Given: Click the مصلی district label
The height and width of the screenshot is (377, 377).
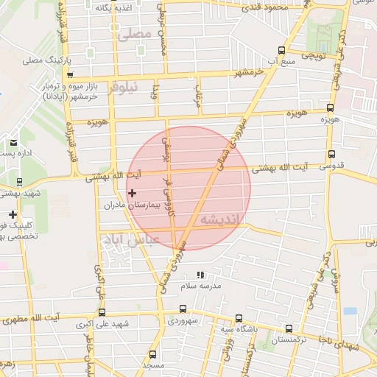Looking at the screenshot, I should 134,34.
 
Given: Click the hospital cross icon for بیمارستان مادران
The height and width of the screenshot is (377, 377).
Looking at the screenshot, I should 133,193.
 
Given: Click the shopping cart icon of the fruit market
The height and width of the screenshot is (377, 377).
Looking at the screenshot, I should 69,74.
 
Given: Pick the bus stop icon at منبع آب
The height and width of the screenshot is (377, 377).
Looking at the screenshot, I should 281,51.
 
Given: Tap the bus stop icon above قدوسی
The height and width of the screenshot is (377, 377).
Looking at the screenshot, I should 331,155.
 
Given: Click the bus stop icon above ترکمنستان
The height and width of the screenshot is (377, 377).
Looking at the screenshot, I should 289,329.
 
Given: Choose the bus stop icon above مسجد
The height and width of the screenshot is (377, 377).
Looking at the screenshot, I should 152,354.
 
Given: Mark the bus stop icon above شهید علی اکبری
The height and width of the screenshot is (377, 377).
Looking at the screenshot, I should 102,312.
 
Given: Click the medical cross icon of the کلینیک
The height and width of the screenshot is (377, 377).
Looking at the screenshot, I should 13,214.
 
